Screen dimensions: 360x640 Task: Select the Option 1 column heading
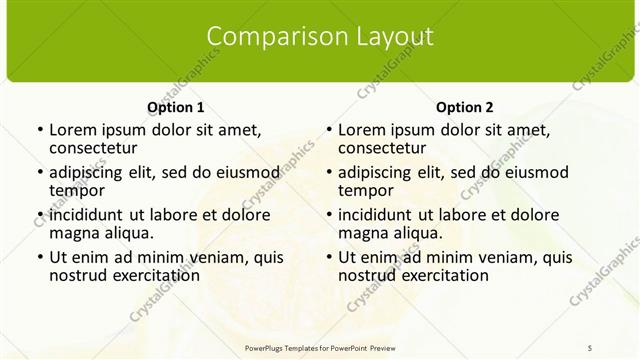point(175,107)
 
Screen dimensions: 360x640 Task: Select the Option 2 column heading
point(464,107)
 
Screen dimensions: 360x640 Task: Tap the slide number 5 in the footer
point(590,346)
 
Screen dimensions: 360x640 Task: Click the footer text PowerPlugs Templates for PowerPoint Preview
point(319,346)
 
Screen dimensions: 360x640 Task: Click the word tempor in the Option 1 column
point(77,190)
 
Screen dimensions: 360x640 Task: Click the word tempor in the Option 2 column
point(366,190)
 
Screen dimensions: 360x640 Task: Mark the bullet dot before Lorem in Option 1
point(39,130)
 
